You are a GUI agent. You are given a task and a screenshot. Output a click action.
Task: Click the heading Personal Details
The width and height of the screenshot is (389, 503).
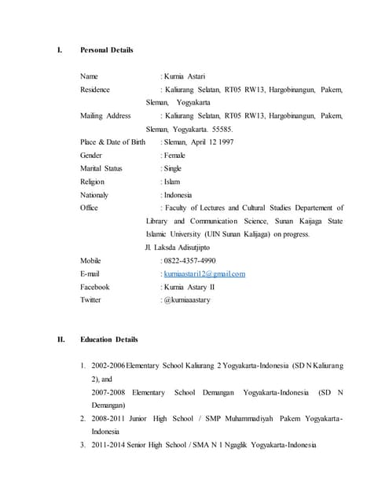pyautogui.click(x=107, y=50)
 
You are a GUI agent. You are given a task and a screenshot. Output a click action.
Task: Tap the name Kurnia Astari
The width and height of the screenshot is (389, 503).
pyautogui.click(x=185, y=77)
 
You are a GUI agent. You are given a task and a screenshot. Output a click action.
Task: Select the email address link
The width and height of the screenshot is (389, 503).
pyautogui.click(x=204, y=274)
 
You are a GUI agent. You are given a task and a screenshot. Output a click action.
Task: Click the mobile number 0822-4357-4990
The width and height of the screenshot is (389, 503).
pyautogui.click(x=189, y=260)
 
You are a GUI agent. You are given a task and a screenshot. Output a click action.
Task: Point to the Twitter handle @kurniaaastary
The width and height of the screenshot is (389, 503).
pyautogui.click(x=187, y=300)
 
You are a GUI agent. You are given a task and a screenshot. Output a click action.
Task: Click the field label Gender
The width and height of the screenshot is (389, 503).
pyautogui.click(x=91, y=156)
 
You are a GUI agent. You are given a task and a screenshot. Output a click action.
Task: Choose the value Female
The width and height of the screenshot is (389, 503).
pyautogui.click(x=175, y=156)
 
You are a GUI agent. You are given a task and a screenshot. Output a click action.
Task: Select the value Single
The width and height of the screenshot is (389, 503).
pyautogui.click(x=173, y=168)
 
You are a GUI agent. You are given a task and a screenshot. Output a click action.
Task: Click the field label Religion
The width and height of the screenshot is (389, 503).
pyautogui.click(x=93, y=182)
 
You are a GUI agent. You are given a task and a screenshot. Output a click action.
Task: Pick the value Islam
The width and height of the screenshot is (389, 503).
pyautogui.click(x=172, y=182)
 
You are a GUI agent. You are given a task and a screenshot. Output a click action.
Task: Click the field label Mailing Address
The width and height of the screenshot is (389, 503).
pyautogui.click(x=105, y=116)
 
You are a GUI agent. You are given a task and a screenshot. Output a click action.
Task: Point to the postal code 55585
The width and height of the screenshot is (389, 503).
pyautogui.click(x=221, y=129)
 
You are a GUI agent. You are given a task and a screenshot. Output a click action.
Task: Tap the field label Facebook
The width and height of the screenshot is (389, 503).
pyautogui.click(x=95, y=287)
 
